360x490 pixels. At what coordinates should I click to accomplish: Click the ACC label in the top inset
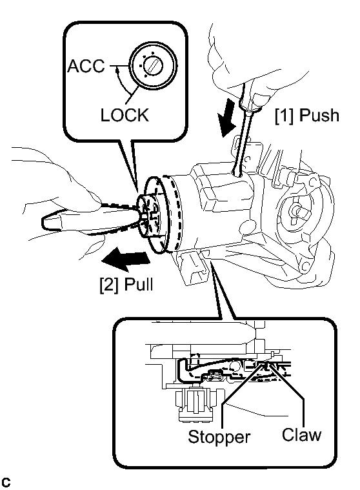(x=86, y=66)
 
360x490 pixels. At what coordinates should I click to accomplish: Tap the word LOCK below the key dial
(x=125, y=115)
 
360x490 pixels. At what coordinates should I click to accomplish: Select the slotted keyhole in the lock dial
(x=153, y=66)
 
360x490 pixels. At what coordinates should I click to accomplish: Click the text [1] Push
(x=307, y=116)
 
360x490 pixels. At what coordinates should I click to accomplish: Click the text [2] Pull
(x=126, y=285)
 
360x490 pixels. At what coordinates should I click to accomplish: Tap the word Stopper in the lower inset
(x=219, y=436)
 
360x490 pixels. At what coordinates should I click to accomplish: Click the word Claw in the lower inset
(x=301, y=434)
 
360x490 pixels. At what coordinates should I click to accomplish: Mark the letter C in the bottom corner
(x=6, y=482)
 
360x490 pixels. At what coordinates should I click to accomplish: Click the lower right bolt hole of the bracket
(x=305, y=265)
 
